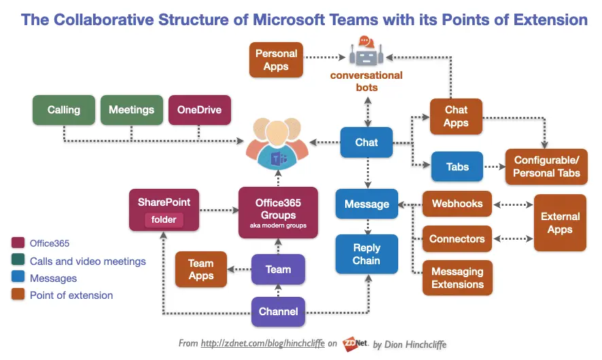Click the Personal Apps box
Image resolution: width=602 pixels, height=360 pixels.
276,60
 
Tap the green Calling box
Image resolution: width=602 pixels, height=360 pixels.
64,110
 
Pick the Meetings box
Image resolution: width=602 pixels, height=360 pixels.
131,110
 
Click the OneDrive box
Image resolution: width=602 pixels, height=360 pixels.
199,110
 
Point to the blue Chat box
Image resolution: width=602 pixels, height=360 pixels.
366,143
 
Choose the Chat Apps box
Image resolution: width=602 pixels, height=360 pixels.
456,116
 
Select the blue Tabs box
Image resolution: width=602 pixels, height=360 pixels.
457,166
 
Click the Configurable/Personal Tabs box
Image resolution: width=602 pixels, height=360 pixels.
546,167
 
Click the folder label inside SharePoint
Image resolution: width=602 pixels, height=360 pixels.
163,220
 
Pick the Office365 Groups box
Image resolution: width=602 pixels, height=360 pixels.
278,213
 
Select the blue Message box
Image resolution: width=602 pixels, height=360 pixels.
366,204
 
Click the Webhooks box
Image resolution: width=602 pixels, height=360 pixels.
457,204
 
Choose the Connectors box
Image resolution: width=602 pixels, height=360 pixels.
457,239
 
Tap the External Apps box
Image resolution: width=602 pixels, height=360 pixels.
560,223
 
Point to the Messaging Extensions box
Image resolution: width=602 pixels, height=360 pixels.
457,278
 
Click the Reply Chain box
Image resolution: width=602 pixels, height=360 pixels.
366,254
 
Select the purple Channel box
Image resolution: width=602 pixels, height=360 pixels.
278,312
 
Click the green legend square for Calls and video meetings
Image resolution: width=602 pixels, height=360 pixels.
18,261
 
